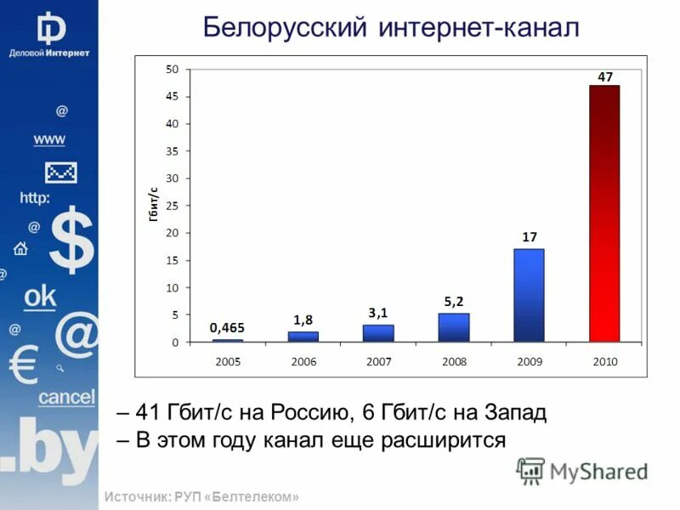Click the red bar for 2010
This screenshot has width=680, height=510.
pyautogui.click(x=604, y=213)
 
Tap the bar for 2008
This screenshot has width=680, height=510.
pyautogui.click(x=454, y=328)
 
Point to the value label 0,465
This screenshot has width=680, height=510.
pyautogui.click(x=227, y=326)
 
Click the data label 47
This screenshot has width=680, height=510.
pyautogui.click(x=605, y=76)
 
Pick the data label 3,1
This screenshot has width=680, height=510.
pyautogui.click(x=378, y=312)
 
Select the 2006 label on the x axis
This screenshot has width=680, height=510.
pyautogui.click(x=303, y=361)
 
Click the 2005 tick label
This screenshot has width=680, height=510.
pyautogui.click(x=228, y=361)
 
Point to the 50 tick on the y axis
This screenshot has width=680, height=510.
pyautogui.click(x=172, y=70)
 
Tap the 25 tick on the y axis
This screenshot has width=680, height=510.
pyautogui.click(x=172, y=206)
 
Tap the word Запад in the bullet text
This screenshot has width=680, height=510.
pyautogui.click(x=512, y=414)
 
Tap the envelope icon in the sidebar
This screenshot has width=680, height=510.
pyautogui.click(x=60, y=173)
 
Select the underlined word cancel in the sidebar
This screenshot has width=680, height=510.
pyautogui.click(x=66, y=397)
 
